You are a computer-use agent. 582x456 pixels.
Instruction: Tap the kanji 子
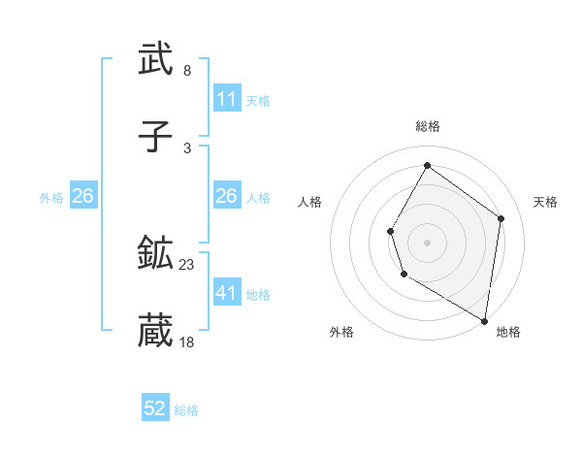(x=155, y=137)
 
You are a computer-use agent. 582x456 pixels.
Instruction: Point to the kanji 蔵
(x=155, y=331)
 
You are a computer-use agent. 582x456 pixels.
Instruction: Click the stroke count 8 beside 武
(x=186, y=71)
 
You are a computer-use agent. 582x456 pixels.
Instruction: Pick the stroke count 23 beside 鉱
(x=186, y=265)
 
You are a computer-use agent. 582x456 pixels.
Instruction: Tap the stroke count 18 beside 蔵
(x=186, y=342)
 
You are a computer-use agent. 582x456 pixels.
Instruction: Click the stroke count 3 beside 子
(x=186, y=147)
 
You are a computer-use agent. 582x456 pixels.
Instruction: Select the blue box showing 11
(x=227, y=99)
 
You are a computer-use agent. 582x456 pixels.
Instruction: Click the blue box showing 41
(x=227, y=293)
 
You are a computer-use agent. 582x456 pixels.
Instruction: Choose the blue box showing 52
(x=155, y=409)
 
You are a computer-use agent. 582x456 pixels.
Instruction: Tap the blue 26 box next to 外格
(x=82, y=196)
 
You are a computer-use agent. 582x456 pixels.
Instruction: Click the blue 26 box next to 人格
(x=227, y=196)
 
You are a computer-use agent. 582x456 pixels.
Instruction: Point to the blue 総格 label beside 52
(x=186, y=410)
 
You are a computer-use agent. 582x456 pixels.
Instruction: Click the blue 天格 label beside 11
(x=258, y=100)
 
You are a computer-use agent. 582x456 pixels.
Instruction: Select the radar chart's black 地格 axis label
(x=508, y=332)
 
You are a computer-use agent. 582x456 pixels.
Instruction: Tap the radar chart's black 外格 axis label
(x=341, y=332)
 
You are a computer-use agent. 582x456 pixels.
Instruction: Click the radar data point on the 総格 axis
(x=427, y=165)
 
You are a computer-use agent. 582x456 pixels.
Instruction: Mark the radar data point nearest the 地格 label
(x=485, y=320)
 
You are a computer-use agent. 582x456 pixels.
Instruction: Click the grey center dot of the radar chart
(x=427, y=242)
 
